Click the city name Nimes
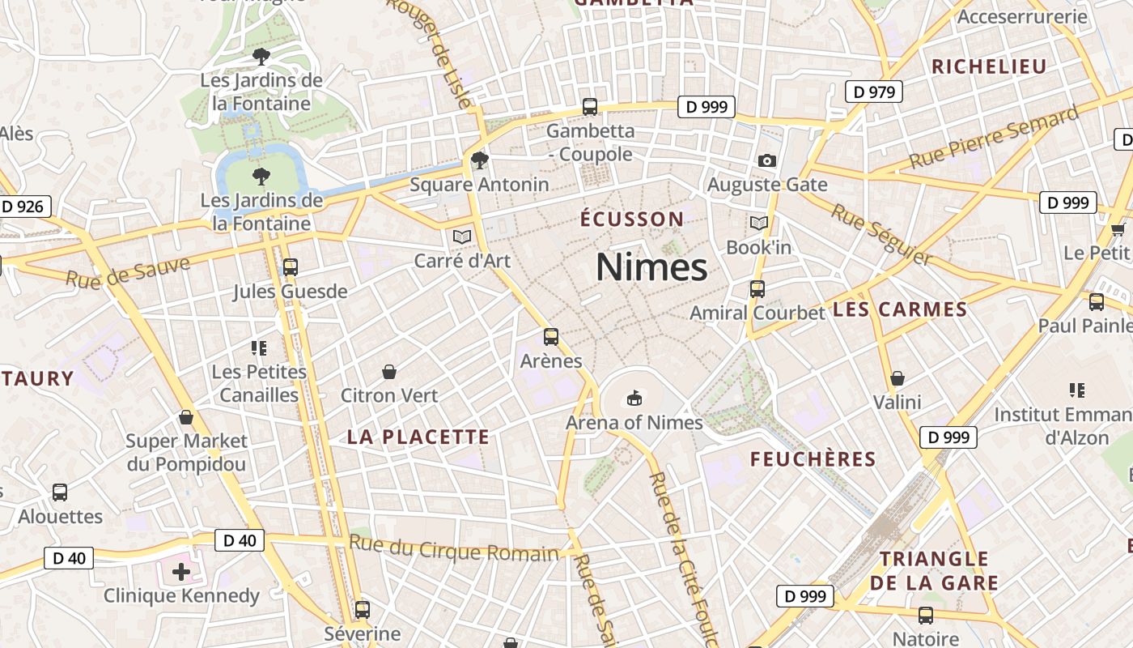point(651,266)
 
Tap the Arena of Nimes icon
point(634,398)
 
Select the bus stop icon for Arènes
point(551,336)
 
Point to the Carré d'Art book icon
point(462,237)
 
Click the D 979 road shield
point(874,92)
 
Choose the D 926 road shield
point(22,207)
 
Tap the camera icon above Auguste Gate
point(767,160)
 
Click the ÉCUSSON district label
point(632,219)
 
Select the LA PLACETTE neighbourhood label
point(418,437)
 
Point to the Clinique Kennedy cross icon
point(181,572)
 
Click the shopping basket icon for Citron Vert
point(389,372)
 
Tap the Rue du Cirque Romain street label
point(454,551)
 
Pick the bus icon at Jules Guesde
point(290,266)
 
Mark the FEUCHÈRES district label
point(813,459)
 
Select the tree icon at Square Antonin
point(480,160)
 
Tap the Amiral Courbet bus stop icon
point(757,288)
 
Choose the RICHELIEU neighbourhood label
point(989,66)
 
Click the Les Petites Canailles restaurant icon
point(259,348)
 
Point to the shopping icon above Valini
point(897,378)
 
